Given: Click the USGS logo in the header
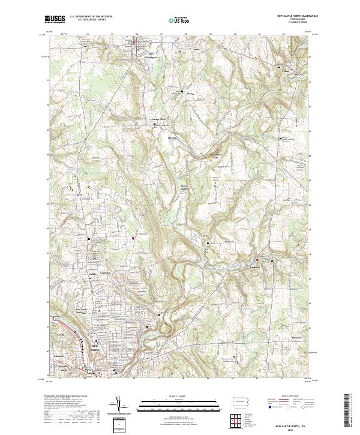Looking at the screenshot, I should pyautogui.click(x=55, y=19).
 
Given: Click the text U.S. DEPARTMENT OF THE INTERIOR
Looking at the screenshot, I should pyautogui.click(x=92, y=17).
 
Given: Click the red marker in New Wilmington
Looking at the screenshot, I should pyautogui.click(x=133, y=42).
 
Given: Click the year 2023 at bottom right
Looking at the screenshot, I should pyautogui.click(x=292, y=431).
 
